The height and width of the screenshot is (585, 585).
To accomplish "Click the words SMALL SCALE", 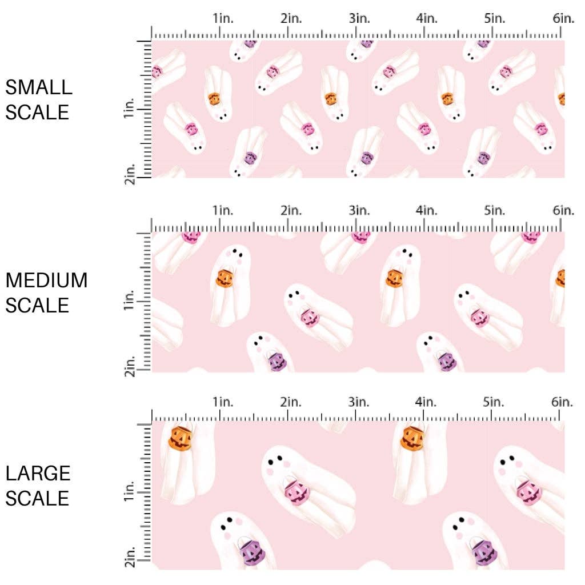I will click(x=39, y=99).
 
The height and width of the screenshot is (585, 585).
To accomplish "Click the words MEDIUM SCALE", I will click(x=46, y=292).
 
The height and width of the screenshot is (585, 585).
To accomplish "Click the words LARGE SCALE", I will click(x=38, y=486).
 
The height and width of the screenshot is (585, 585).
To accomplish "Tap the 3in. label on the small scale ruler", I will click(x=359, y=18).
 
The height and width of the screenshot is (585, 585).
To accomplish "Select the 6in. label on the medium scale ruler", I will click(x=563, y=211).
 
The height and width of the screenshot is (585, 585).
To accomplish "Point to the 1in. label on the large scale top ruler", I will click(x=223, y=402).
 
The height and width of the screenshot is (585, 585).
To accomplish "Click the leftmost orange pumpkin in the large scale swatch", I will click(x=181, y=438).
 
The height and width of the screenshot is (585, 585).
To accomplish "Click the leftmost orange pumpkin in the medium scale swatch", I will click(x=223, y=279).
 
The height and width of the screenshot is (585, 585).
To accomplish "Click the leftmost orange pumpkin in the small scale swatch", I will click(x=214, y=99).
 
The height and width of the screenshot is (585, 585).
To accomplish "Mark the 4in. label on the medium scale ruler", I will click(x=427, y=211).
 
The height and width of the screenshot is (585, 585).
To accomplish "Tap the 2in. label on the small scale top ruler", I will click(x=291, y=18).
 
